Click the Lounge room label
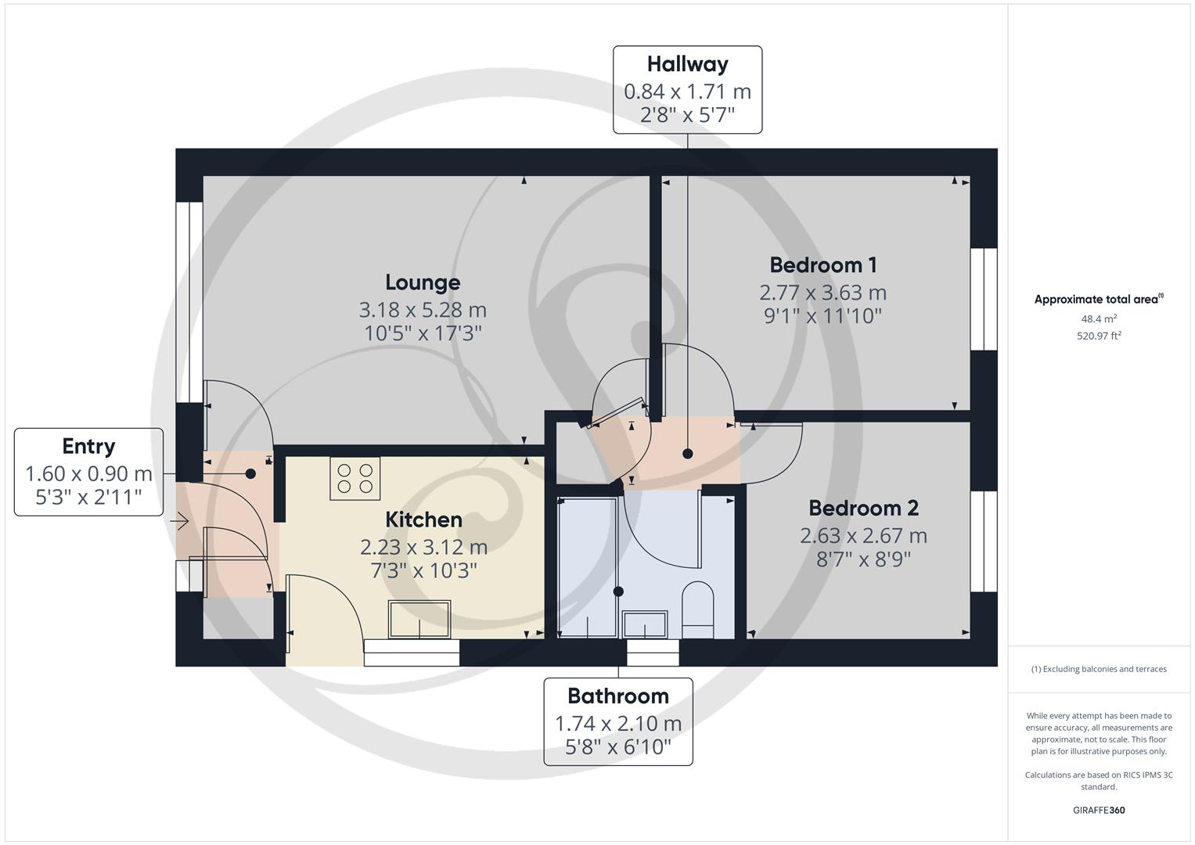tap(423, 282)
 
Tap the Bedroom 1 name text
tap(822, 264)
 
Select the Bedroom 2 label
tap(863, 509)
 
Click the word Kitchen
tap(423, 520)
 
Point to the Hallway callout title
tap(687, 64)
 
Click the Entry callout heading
tap(88, 446)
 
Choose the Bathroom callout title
tap(617, 696)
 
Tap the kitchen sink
tap(419, 619)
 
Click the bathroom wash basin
tap(644, 625)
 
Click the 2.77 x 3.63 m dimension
tap(822, 293)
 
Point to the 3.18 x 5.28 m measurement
tap(423, 310)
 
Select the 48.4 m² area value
tap(1099, 318)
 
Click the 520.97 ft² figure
tap(1099, 336)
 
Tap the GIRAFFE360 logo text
tap(1099, 810)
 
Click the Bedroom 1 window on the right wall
tap(984, 299)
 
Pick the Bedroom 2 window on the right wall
tap(984, 541)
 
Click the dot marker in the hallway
tap(687, 454)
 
